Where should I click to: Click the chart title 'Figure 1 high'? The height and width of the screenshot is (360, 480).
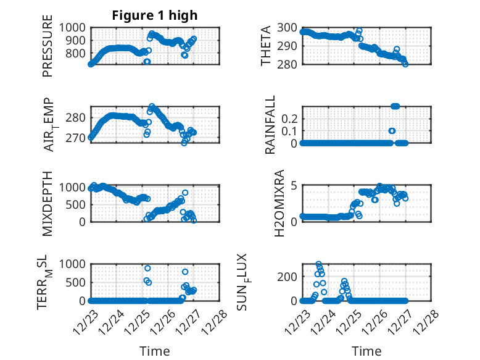154,16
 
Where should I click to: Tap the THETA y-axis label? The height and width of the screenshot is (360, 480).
266,46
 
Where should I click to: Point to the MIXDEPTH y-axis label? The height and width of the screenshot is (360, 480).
48,203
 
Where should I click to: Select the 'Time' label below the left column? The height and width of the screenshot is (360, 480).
155,351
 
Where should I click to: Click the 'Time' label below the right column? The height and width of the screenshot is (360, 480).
366,351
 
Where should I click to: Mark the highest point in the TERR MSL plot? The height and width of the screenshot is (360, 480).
147,268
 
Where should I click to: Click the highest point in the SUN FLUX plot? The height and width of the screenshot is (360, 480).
318,264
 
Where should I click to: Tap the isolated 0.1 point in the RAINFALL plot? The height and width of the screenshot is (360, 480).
392,131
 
